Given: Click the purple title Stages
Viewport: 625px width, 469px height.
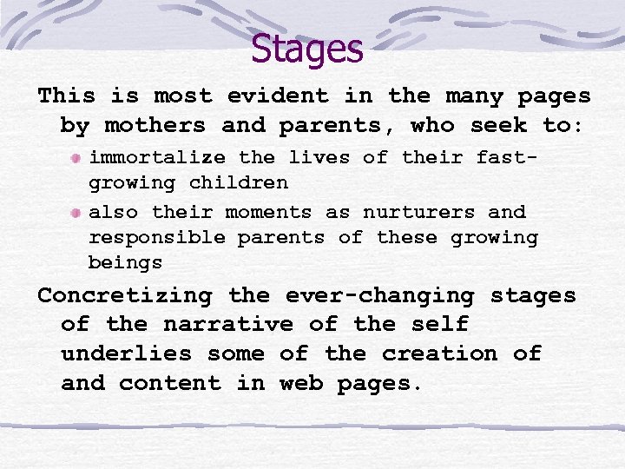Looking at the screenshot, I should coord(306,49).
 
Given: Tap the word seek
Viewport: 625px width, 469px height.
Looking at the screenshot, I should coord(498,125).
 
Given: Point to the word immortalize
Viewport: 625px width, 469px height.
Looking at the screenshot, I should coord(158,158).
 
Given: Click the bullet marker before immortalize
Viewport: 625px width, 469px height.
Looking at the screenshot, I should coord(77,158).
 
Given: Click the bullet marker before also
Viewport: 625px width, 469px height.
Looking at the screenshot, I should coord(77,213).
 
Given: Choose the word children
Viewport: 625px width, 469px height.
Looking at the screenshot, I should coord(239,183).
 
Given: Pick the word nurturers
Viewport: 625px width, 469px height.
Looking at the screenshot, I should coord(419,212).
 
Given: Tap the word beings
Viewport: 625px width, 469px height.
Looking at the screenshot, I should coord(125,262).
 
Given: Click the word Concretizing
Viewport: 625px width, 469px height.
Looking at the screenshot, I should coord(124,295).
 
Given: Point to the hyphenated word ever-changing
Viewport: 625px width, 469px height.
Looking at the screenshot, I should coord(379,295).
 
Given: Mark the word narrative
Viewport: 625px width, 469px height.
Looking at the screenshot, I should coord(228,325).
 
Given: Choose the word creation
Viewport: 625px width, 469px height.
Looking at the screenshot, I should coord(439,354).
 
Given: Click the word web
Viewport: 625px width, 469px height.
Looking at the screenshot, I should coord(301,383).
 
